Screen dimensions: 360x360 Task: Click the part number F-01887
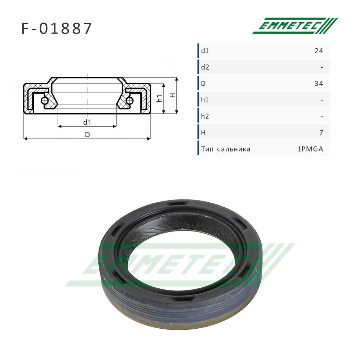tap(57, 28)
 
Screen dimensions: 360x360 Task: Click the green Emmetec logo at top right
tap(295, 26)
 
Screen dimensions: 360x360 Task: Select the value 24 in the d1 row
tap(319, 51)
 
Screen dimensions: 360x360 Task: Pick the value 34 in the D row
tap(319, 84)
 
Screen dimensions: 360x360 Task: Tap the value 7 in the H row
tap(321, 133)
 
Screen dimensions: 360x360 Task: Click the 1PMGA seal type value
tap(310, 149)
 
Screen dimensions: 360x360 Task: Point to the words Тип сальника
tap(226, 149)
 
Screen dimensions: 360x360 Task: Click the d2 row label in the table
tap(205, 67)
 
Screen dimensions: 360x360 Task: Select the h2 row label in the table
tap(205, 116)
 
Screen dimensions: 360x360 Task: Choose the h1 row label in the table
tap(205, 100)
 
